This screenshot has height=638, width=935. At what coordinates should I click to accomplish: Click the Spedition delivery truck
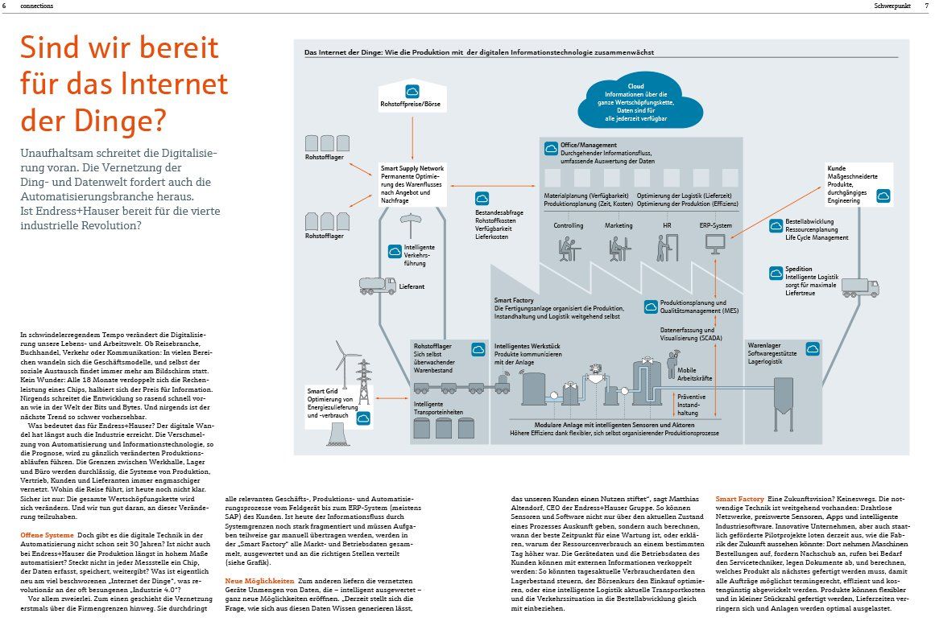(x=860, y=287)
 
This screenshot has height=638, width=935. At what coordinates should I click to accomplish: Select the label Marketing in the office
(x=619, y=226)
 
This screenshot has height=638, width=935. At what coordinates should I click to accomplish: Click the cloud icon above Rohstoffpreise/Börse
(x=412, y=91)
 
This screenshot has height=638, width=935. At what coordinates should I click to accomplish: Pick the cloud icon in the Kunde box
(x=883, y=196)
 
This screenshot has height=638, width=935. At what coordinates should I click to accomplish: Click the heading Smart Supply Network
(x=412, y=169)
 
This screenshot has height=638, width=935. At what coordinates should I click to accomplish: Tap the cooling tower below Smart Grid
(x=344, y=430)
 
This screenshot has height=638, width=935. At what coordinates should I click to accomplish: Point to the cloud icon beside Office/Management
(x=552, y=148)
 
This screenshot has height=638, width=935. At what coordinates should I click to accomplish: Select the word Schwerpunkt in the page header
(x=895, y=6)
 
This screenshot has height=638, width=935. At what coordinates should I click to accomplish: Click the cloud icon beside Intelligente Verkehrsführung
(x=395, y=251)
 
